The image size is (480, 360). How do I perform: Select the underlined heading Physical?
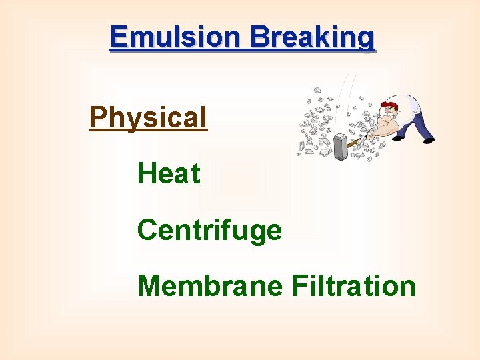coord(148,118)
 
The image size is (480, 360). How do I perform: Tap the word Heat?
coord(169,174)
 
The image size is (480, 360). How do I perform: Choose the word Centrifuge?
coord(209,231)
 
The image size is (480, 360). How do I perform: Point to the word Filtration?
coord(354,286)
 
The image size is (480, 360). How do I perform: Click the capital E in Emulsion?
coord(119,37)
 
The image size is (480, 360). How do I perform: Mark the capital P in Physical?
coord(97,118)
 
